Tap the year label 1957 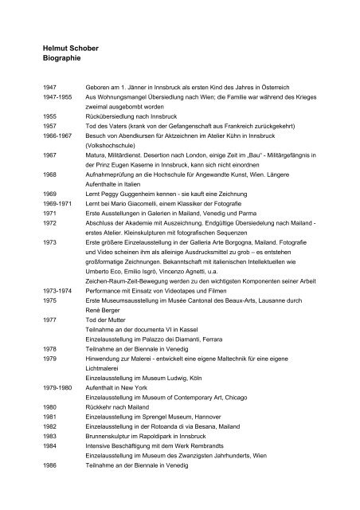(37, 148)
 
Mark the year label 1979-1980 (45, 421)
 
